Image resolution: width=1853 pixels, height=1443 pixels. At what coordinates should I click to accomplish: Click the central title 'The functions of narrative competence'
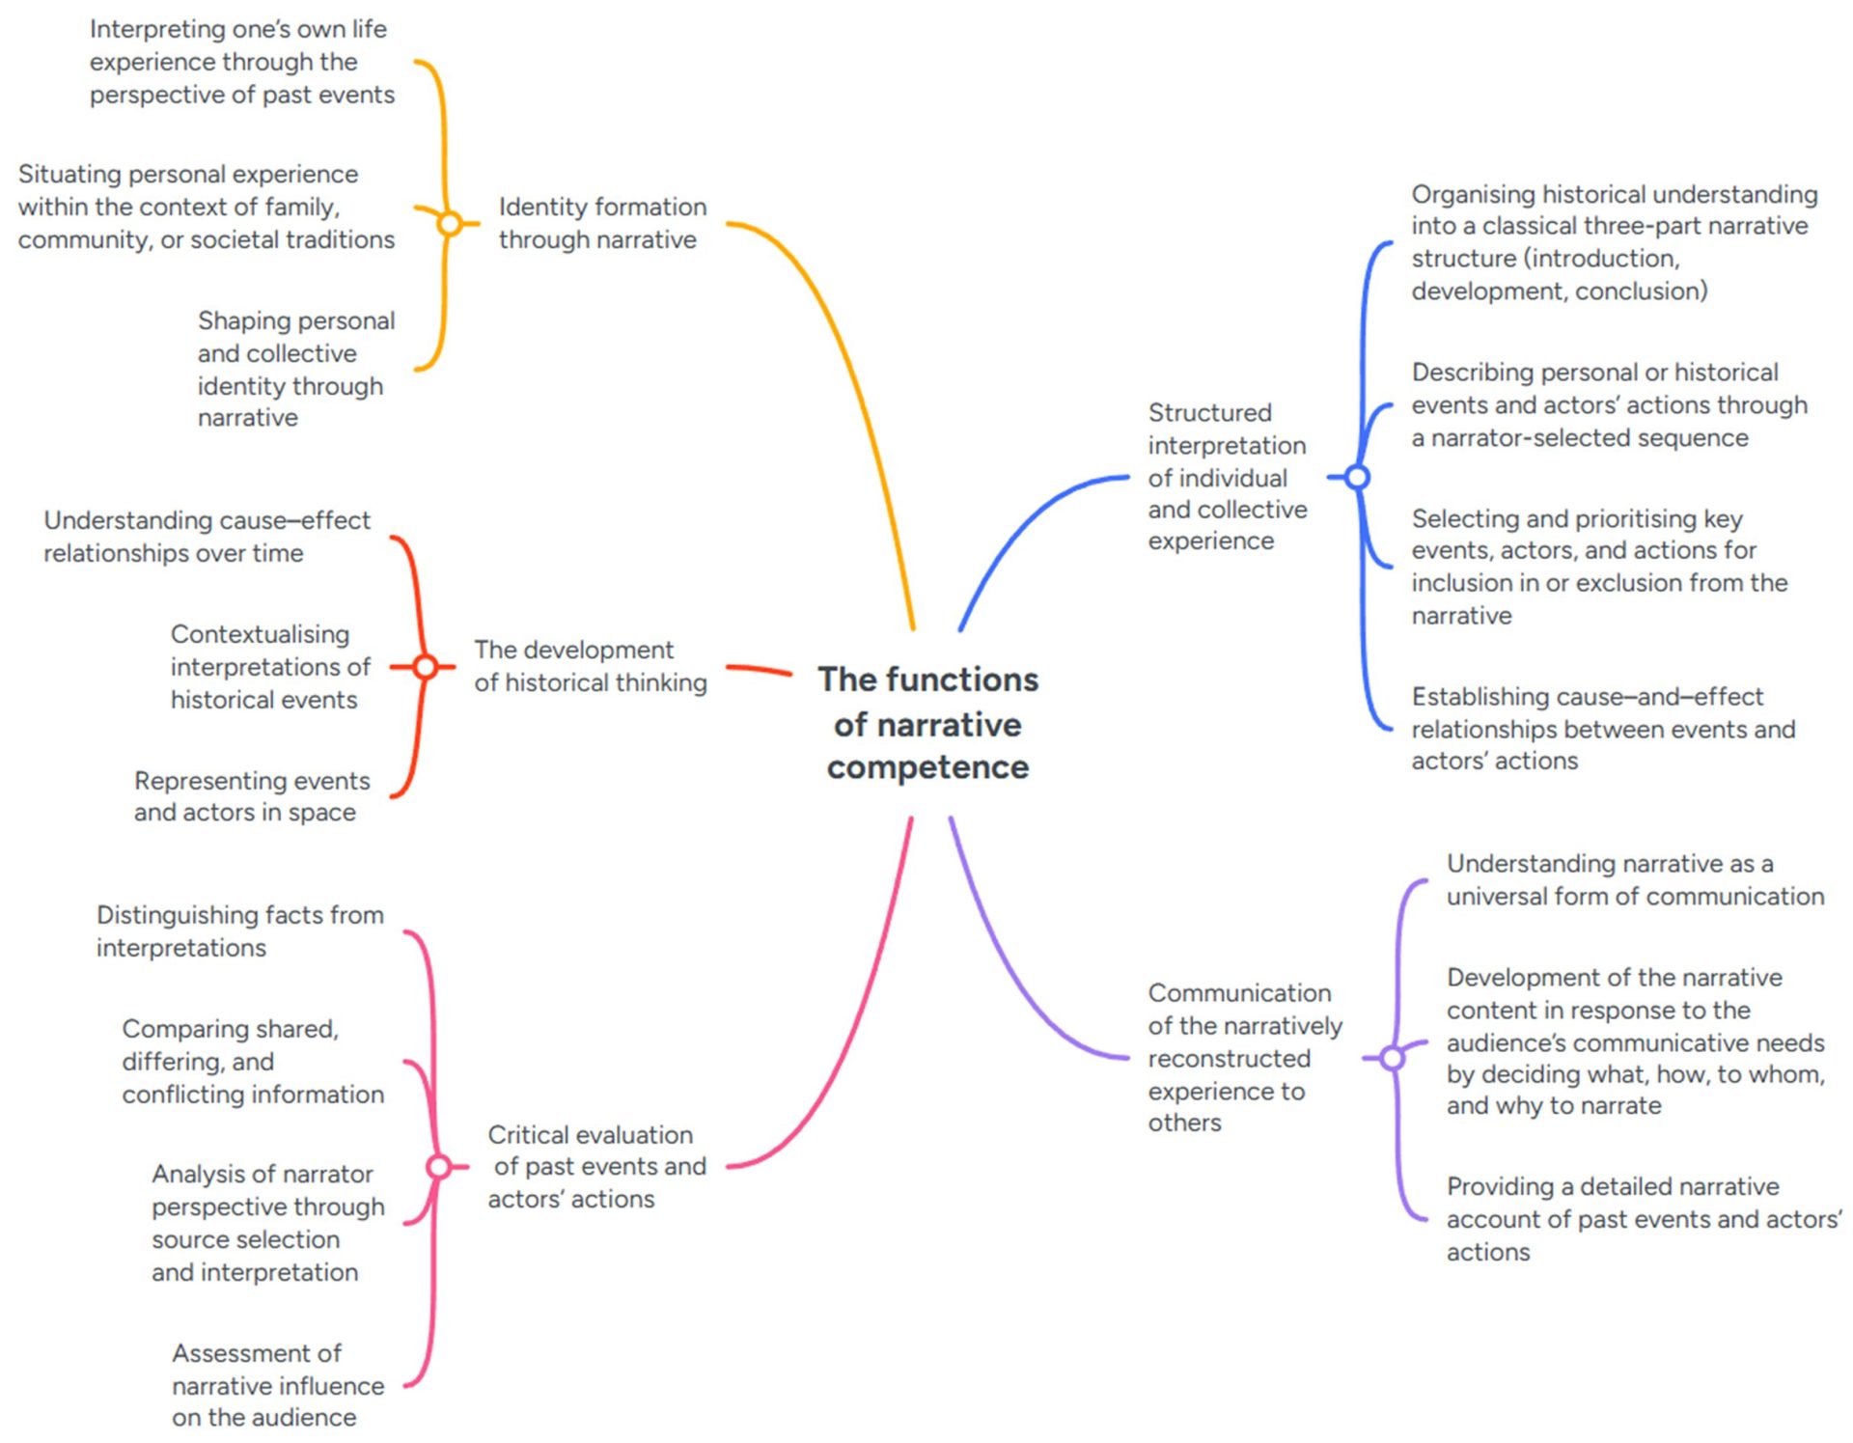[x=927, y=723]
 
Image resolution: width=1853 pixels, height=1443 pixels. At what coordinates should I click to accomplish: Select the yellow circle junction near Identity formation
[x=450, y=224]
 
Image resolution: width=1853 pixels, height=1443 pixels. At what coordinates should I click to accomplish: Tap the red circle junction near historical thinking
[x=425, y=667]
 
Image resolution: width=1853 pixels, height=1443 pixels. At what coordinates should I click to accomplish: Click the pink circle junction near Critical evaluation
[x=438, y=1167]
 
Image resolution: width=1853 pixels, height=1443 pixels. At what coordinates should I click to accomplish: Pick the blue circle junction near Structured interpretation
[x=1357, y=477]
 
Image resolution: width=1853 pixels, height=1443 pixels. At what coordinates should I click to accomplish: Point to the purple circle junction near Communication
[x=1392, y=1059]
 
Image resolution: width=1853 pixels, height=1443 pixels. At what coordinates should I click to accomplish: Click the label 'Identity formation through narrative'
[x=602, y=223]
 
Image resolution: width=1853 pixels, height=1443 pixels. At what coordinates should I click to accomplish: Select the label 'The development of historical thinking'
[x=590, y=666]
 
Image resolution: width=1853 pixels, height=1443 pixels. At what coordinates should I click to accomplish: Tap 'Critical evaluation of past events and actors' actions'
[x=596, y=1167]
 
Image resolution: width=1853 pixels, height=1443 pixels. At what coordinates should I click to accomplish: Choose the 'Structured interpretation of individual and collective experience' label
[x=1227, y=477]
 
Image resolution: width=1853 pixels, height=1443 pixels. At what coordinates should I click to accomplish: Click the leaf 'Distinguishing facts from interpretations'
[x=239, y=931]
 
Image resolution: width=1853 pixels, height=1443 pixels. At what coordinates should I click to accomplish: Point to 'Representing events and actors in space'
[x=251, y=796]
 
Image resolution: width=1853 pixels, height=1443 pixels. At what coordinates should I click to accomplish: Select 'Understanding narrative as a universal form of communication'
[x=1635, y=880]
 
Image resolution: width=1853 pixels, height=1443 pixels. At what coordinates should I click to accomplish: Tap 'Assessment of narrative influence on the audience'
[x=278, y=1385]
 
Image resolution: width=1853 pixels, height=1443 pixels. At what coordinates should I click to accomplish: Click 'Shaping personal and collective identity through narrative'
[x=295, y=369]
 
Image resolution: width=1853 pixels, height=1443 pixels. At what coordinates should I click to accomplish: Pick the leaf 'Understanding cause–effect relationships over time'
[x=207, y=537]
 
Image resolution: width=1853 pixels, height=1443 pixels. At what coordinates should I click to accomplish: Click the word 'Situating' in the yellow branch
[x=69, y=175]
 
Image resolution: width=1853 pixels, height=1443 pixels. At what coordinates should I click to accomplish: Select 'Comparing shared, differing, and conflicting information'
[x=253, y=1062]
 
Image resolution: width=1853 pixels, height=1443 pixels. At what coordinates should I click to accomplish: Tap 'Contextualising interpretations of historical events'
[x=270, y=667]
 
